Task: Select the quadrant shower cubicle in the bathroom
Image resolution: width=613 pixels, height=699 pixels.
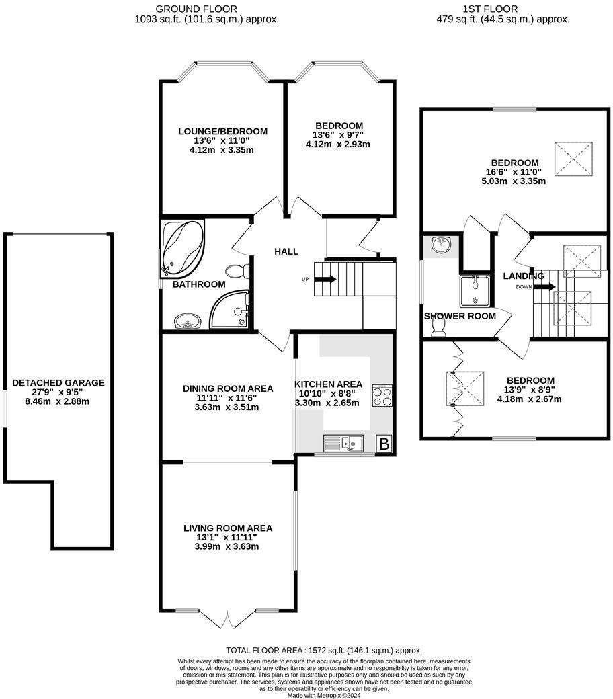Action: [x=233, y=311]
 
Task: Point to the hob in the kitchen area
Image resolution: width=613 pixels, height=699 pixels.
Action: [x=382, y=396]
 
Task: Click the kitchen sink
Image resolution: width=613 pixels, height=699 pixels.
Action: [x=343, y=443]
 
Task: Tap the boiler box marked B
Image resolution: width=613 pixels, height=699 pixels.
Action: [x=384, y=444]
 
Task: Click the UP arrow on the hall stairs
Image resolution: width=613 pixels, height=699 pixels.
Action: [x=327, y=278]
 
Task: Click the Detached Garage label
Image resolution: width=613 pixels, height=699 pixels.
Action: [x=58, y=383]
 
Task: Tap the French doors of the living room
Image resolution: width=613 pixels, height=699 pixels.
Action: [x=228, y=619]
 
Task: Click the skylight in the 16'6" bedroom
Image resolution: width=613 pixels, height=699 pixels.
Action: [x=573, y=159]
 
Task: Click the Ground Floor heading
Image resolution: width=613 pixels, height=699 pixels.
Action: [x=186, y=9]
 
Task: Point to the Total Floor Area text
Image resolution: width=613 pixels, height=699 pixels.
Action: [x=324, y=650]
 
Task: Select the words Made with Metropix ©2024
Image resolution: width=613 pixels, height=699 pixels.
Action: [x=324, y=694]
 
